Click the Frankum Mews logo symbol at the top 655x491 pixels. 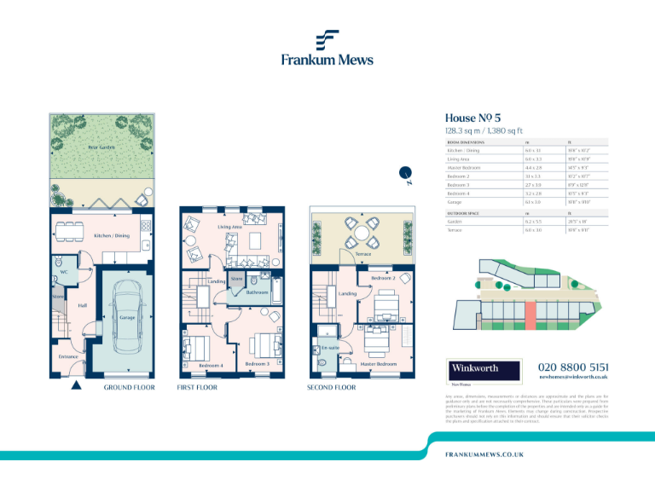(327, 40)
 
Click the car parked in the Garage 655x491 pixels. (127, 321)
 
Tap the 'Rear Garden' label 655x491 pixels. (101, 147)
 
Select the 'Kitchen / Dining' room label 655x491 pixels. (111, 235)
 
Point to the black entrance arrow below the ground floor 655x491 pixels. (76, 385)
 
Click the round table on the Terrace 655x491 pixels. (363, 231)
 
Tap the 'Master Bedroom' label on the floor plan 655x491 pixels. (379, 364)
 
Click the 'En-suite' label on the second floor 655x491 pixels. (331, 348)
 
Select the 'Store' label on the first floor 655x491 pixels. (237, 279)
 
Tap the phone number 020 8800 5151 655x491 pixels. (572, 366)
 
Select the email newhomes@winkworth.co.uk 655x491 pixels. (572, 376)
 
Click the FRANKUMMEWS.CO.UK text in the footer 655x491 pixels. (484, 456)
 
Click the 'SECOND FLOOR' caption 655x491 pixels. (332, 387)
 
